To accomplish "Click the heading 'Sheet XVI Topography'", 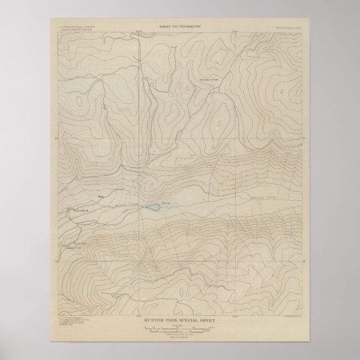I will tap(179, 26).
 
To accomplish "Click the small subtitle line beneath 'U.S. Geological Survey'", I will tap(71, 30).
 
